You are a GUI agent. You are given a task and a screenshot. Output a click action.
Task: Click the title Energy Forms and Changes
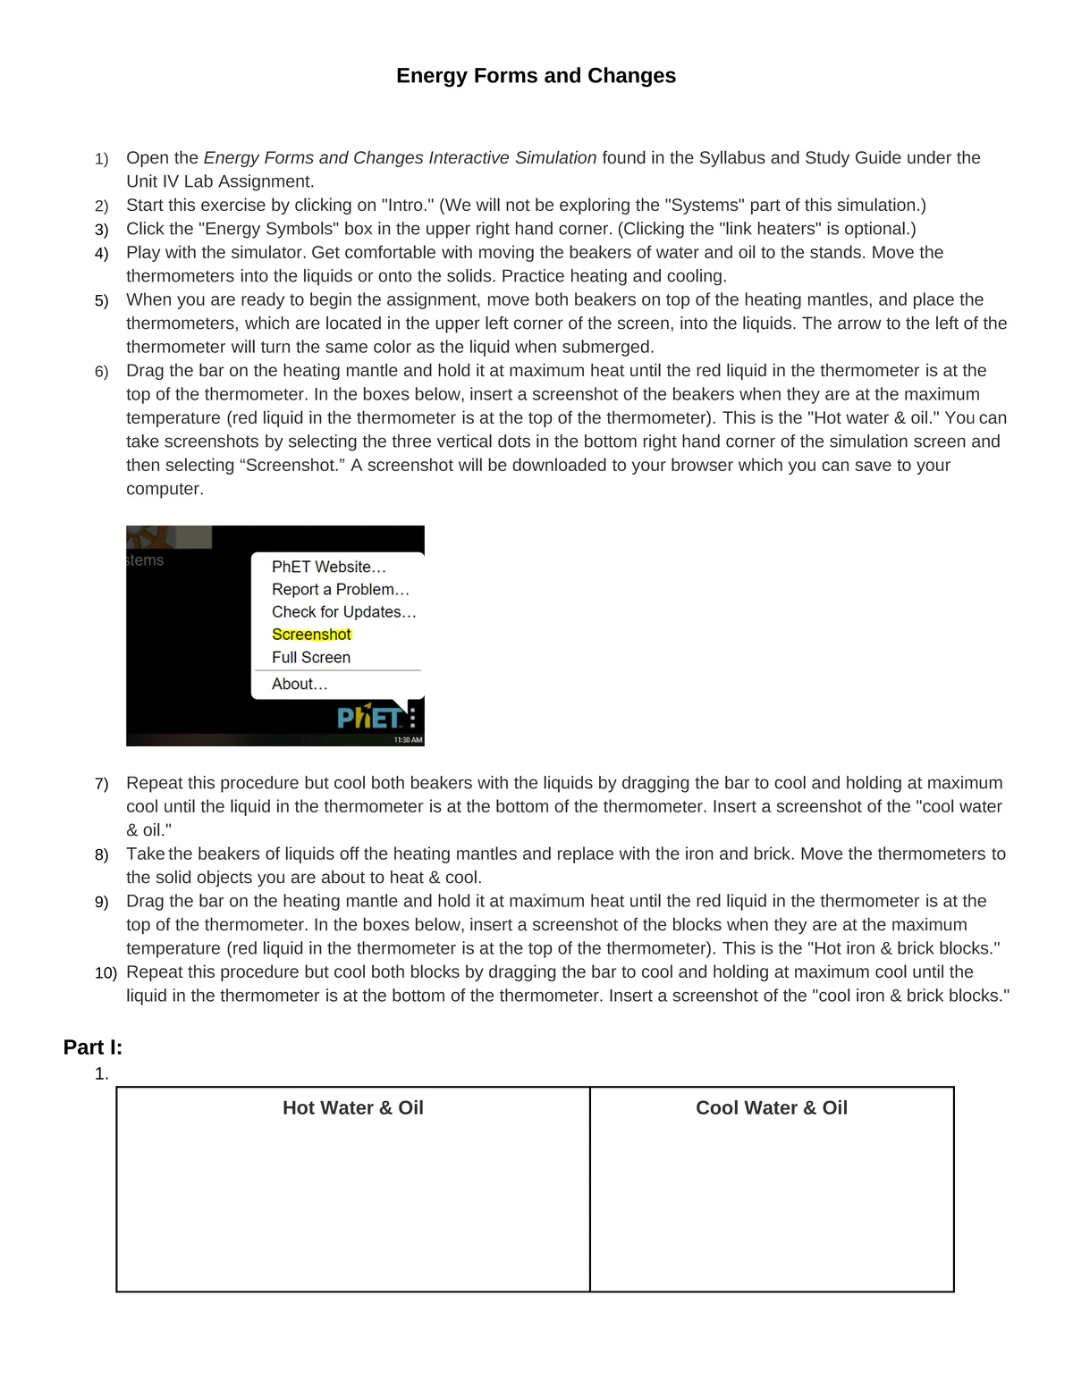point(536,76)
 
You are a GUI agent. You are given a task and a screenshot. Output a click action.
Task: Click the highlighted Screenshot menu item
point(311,635)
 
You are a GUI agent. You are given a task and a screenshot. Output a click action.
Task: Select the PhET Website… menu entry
point(328,567)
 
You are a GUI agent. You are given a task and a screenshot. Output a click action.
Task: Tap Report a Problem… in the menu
point(340,589)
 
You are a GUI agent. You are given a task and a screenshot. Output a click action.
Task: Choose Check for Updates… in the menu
point(343,612)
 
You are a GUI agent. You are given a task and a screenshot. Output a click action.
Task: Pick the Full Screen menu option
point(310,657)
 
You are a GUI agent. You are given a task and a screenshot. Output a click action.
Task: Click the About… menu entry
point(300,684)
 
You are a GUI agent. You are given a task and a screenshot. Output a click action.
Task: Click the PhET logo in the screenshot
point(368,717)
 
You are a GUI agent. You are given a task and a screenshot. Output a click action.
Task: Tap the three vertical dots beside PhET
point(412,718)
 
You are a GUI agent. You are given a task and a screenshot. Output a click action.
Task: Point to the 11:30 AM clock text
point(408,740)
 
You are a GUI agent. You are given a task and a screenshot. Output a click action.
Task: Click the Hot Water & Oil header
point(352,1108)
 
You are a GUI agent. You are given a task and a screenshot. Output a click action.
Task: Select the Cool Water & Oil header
point(771,1108)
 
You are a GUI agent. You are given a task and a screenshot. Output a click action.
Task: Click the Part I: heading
point(92,1047)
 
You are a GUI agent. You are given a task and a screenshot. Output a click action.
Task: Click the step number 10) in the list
point(106,972)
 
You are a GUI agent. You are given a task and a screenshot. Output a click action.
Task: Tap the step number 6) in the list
point(101,372)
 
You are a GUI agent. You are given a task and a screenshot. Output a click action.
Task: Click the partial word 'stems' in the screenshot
point(145,560)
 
